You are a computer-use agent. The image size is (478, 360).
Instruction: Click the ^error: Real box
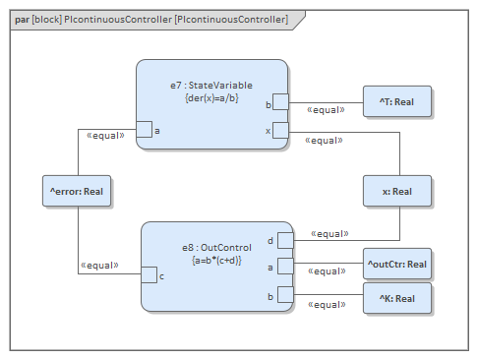click(77, 192)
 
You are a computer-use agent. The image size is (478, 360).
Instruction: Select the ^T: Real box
click(396, 101)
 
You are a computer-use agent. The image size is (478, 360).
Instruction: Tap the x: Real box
click(396, 192)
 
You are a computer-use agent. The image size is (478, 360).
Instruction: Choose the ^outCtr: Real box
click(396, 264)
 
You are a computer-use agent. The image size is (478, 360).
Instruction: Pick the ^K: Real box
click(396, 298)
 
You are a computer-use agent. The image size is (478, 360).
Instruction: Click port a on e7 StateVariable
click(144, 129)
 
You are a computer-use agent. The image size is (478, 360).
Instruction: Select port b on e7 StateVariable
click(280, 101)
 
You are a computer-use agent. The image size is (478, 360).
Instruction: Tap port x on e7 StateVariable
click(280, 130)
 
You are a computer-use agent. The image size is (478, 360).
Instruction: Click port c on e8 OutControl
click(149, 274)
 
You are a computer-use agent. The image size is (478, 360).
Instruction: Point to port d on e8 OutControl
click(285, 240)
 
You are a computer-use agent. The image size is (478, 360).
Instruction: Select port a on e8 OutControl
click(285, 266)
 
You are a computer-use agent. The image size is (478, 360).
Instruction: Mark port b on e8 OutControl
click(285, 293)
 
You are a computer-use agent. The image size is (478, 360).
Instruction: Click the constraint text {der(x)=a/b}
click(212, 98)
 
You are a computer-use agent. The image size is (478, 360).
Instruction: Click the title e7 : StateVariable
click(212, 86)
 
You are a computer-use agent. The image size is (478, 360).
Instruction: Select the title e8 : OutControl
click(218, 248)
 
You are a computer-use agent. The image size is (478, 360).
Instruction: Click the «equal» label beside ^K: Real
click(327, 305)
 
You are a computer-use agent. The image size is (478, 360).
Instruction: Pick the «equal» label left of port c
click(99, 265)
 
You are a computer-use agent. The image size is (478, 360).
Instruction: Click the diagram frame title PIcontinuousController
click(152, 19)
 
